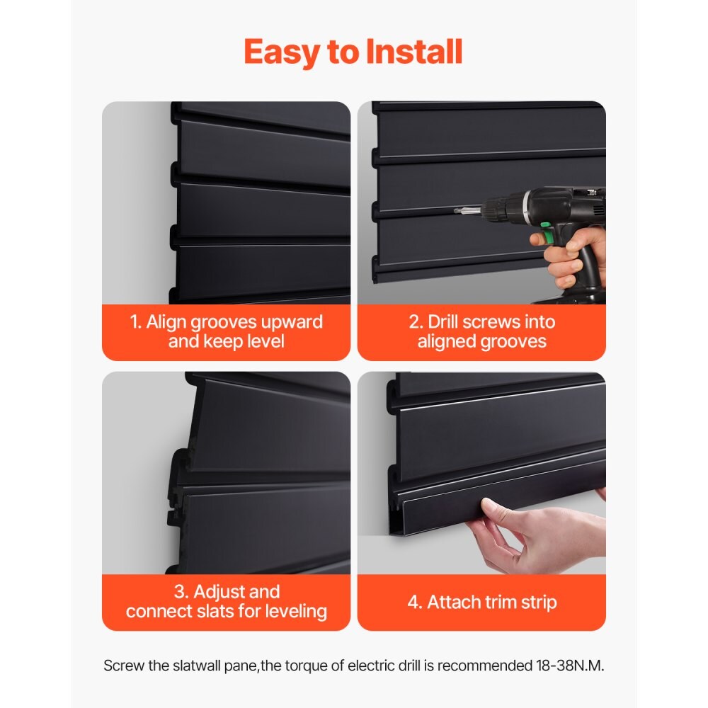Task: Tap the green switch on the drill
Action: (546, 227)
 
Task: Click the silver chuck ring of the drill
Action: (526, 205)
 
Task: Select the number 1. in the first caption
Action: (136, 322)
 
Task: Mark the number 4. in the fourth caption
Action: (413, 603)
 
